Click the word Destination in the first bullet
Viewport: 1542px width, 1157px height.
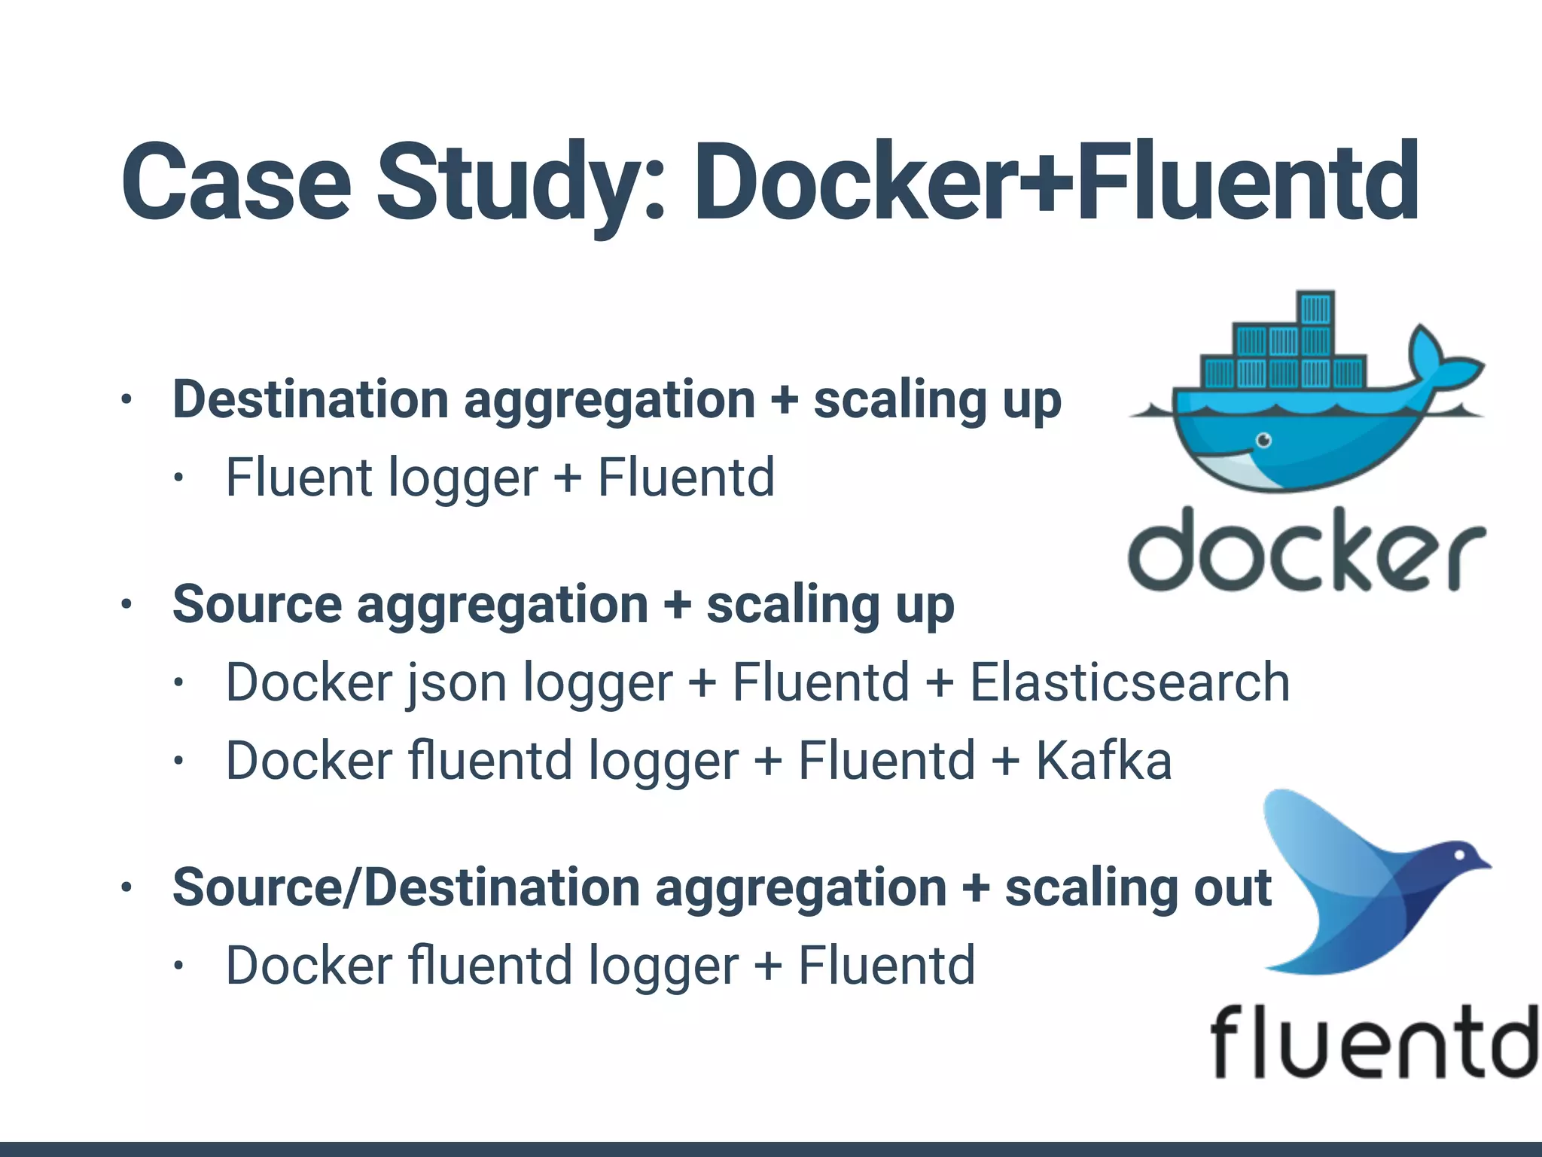point(309,399)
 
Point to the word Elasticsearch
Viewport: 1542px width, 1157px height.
point(1129,682)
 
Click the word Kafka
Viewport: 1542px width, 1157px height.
point(1104,760)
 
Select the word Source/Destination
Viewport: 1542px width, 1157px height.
point(407,887)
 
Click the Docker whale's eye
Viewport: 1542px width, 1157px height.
point(1264,440)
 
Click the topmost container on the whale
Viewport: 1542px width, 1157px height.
point(1315,308)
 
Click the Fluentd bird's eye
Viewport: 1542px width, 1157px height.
point(1459,855)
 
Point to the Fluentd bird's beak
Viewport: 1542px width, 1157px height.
point(1484,865)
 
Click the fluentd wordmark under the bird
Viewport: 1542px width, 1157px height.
point(1373,1042)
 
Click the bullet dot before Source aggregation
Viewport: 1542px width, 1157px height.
point(126,604)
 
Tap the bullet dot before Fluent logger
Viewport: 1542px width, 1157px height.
point(178,478)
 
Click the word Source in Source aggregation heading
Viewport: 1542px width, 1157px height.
point(257,605)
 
